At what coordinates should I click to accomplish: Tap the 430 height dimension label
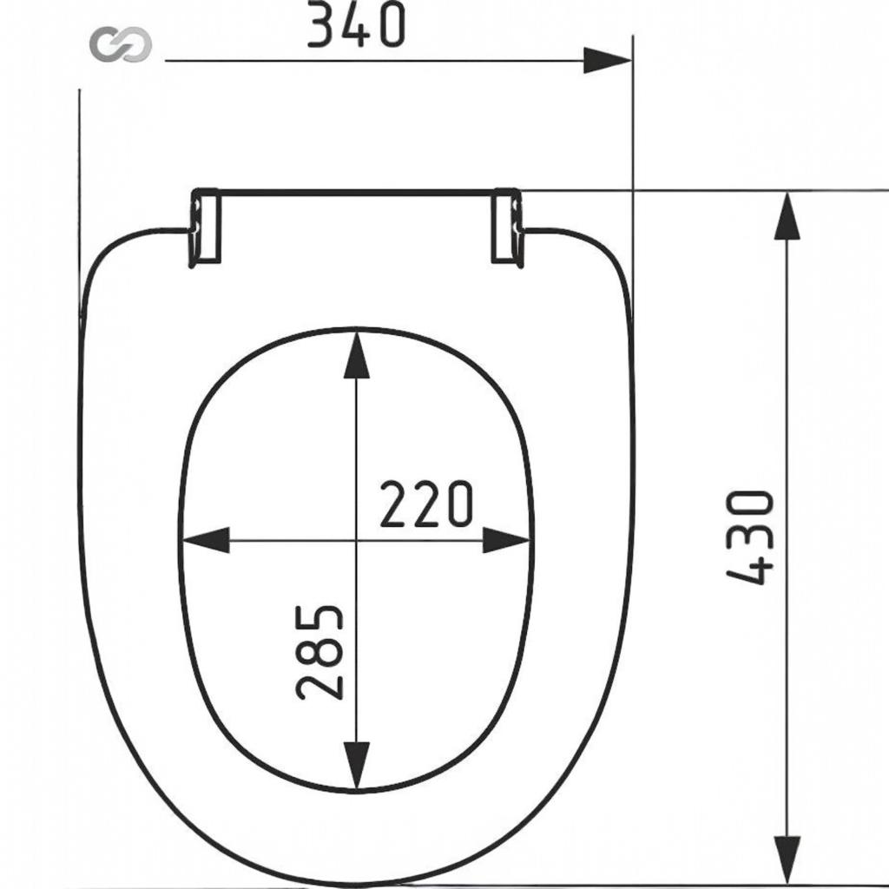(750, 537)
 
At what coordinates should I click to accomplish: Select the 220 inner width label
(425, 504)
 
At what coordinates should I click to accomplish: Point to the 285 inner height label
(319, 652)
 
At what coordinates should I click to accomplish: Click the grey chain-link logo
(121, 44)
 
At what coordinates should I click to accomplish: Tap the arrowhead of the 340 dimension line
(607, 60)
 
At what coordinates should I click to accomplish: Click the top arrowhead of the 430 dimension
(787, 215)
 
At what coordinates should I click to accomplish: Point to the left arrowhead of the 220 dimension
(205, 540)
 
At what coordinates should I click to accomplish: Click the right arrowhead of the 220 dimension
(506, 540)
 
